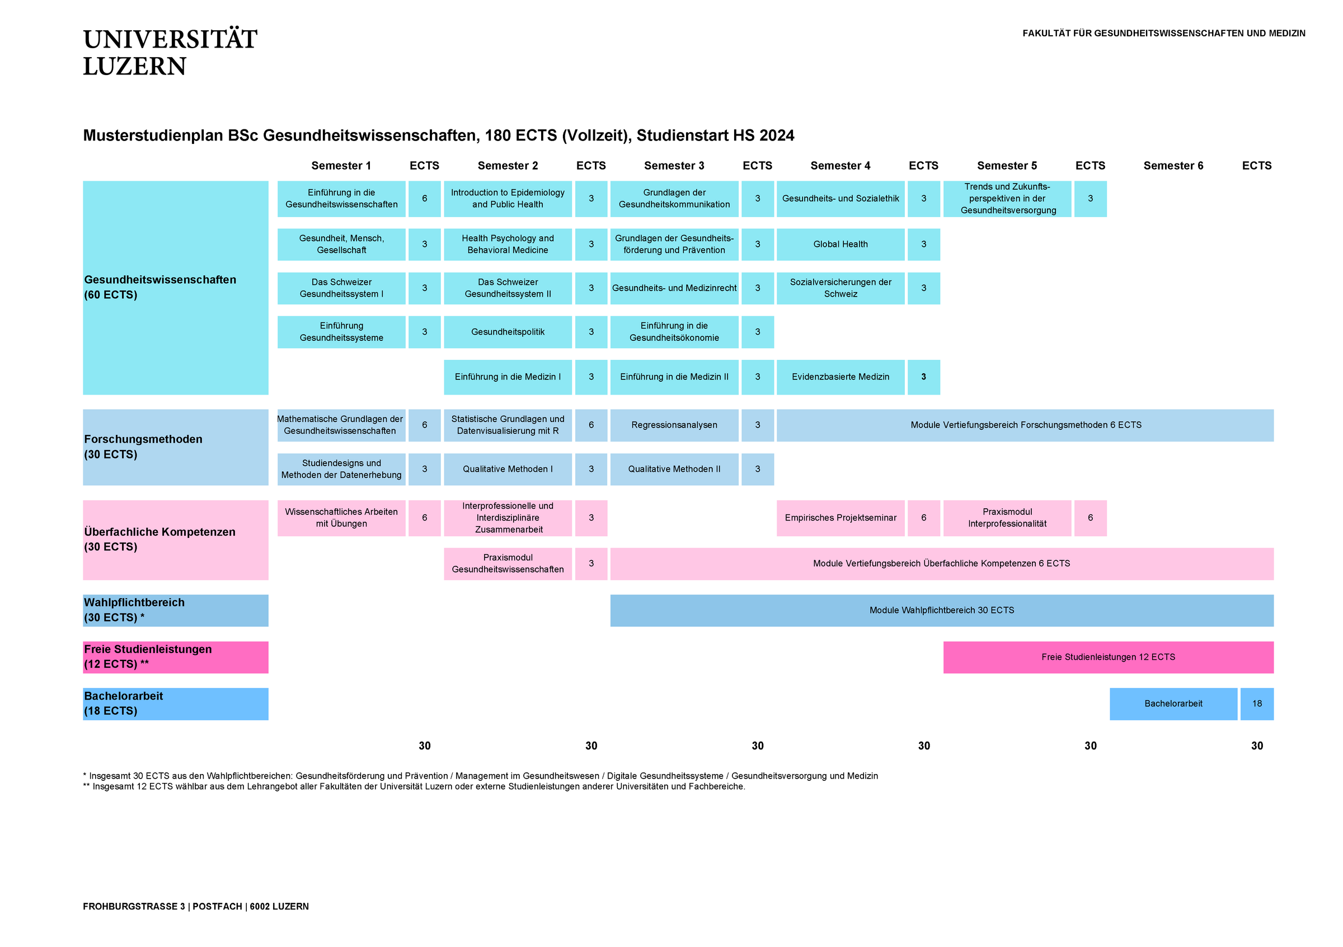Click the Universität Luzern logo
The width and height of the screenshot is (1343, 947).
(170, 51)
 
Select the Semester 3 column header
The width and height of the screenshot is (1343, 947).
(674, 166)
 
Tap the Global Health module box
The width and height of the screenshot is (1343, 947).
(840, 244)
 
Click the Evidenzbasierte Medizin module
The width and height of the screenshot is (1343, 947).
(840, 377)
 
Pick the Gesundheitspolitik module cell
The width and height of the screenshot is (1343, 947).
(507, 332)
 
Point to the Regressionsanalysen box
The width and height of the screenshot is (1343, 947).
(674, 425)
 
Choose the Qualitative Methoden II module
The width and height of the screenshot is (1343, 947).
(674, 468)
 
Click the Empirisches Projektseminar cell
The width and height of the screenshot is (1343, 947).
(840, 518)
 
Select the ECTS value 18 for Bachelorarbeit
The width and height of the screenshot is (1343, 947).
(1256, 704)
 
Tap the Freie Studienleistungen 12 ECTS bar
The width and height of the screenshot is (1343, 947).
(1108, 657)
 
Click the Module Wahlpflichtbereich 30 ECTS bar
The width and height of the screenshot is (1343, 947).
(941, 610)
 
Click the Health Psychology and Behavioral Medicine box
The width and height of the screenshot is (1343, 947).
(507, 244)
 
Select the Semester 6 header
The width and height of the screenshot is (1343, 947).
(1173, 166)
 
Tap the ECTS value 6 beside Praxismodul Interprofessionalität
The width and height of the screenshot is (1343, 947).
(1090, 518)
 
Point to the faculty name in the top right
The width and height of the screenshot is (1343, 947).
(1163, 34)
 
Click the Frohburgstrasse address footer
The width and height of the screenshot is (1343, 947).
(195, 906)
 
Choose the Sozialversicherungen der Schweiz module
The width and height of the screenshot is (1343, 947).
(840, 288)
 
